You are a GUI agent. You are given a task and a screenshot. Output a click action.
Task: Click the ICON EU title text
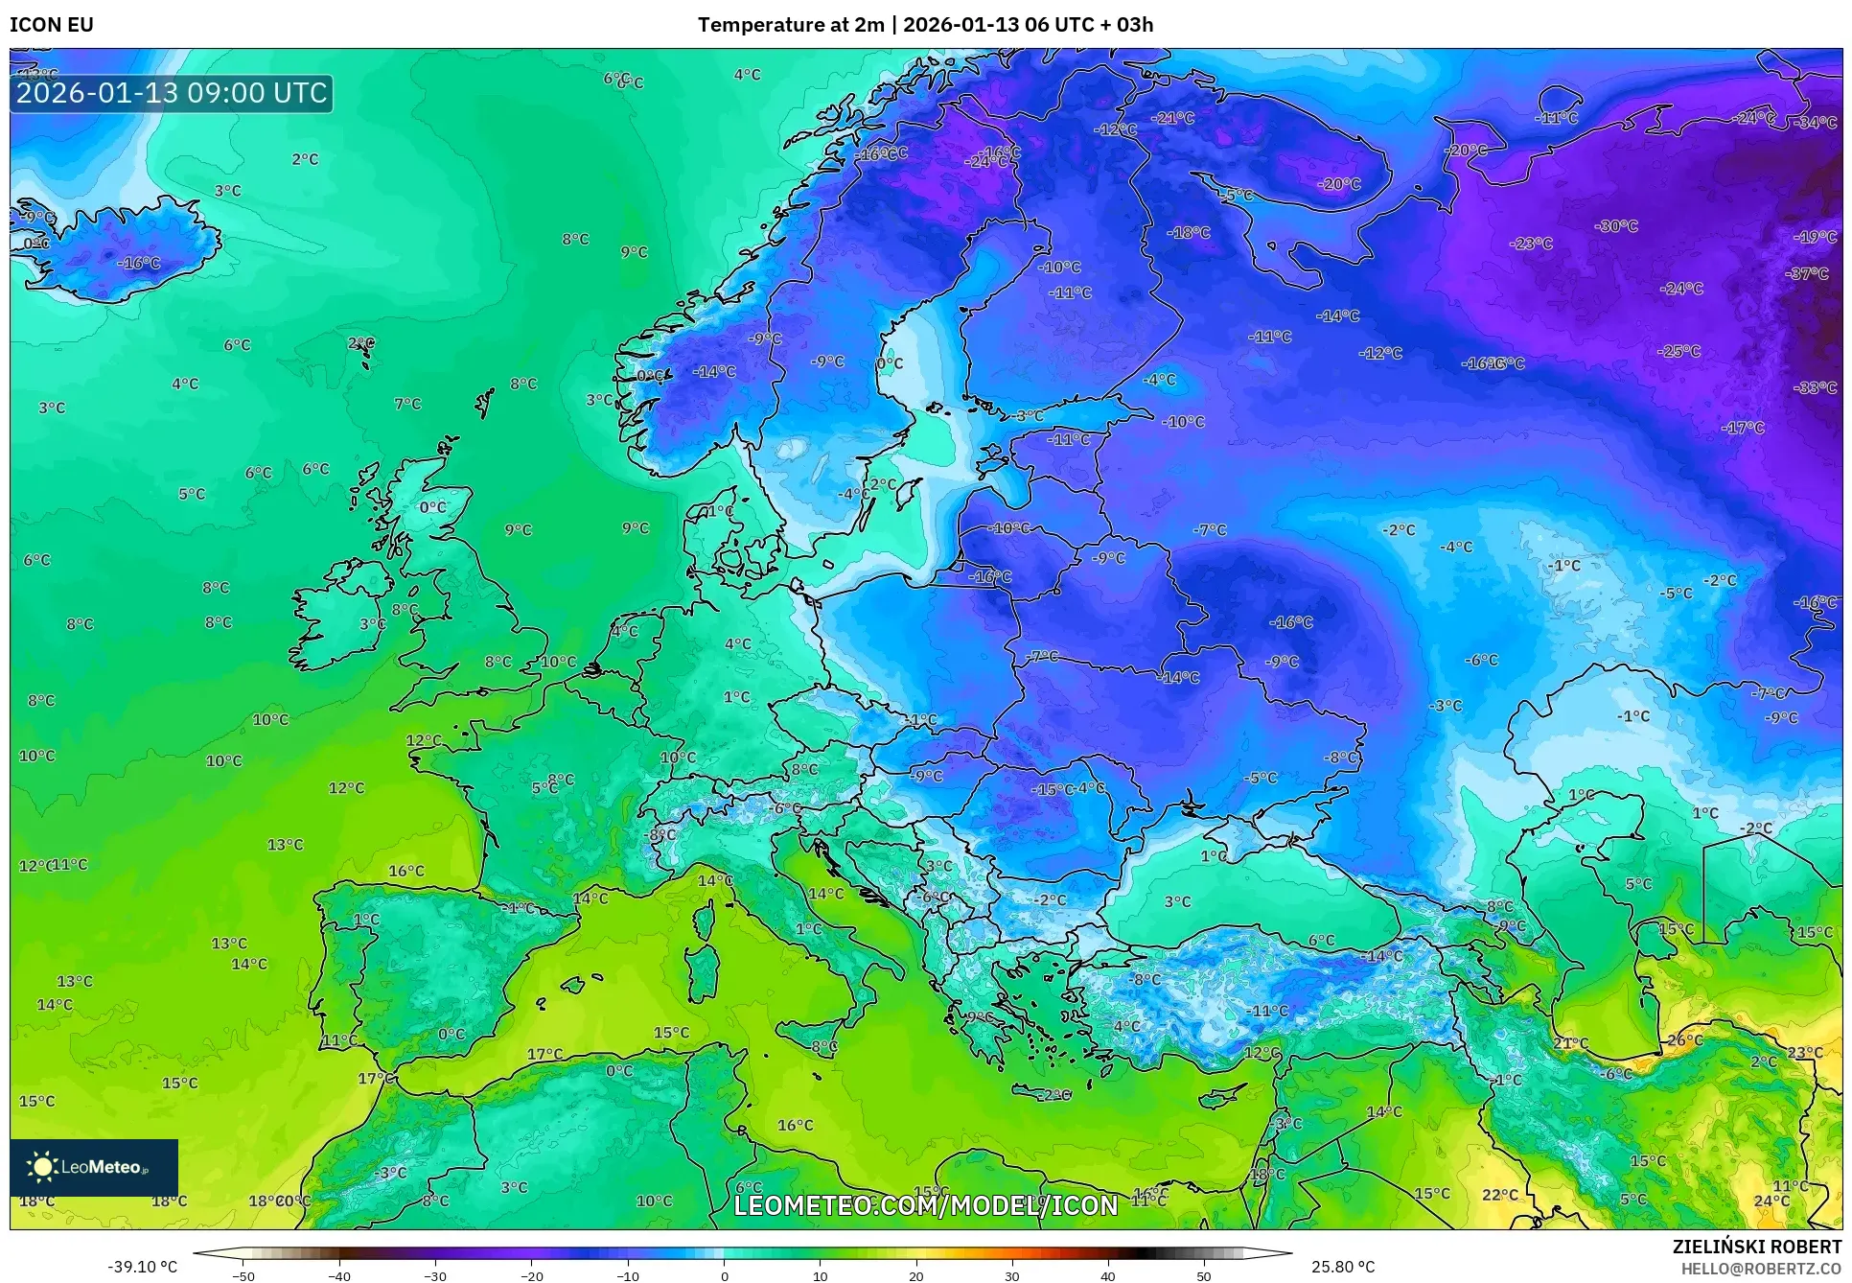coord(52,25)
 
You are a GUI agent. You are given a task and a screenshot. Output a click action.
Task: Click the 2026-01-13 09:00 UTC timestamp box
coord(172,93)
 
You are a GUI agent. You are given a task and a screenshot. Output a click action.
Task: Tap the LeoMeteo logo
coord(94,1167)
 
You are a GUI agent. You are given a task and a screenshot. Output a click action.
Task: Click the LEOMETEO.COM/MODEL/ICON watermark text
coord(926,1205)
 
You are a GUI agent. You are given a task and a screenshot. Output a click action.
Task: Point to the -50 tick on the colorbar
coord(243,1276)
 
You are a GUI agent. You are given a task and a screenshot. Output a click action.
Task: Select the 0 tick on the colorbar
coord(725,1276)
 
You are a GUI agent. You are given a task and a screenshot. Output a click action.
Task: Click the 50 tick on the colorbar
coord(1204,1276)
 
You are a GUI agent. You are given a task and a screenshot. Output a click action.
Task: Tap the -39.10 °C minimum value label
coord(142,1267)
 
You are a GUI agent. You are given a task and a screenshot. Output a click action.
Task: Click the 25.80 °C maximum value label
coord(1342,1267)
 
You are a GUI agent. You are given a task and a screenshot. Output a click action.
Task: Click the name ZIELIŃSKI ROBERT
coord(1756,1247)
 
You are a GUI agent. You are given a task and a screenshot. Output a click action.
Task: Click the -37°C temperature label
coord(1807,273)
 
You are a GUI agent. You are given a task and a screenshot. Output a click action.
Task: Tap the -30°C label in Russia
coord(1616,226)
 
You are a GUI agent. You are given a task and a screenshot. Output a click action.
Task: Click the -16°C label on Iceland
coord(139,263)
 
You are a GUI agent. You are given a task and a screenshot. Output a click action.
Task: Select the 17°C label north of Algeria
coord(545,1054)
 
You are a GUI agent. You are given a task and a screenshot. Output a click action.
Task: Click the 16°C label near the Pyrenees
coord(406,871)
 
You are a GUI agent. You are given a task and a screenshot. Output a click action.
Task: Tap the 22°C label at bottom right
coord(1500,1195)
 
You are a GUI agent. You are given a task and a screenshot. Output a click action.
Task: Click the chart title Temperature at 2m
coord(790,25)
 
